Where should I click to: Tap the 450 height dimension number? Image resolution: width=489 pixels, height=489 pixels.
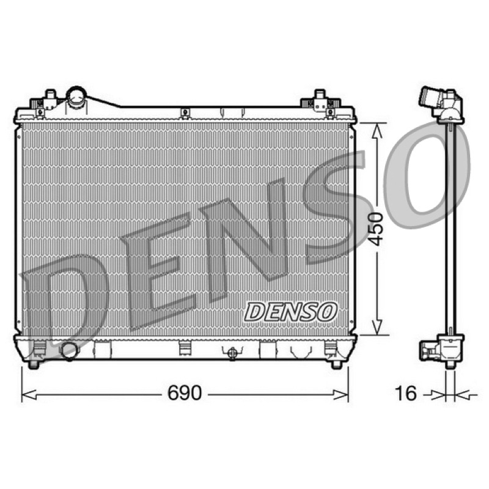pos(375,229)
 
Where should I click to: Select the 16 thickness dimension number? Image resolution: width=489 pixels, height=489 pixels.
pos(406,393)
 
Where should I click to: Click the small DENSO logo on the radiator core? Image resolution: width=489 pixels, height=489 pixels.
pos(291,312)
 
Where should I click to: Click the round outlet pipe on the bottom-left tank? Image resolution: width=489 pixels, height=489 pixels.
pos(70,351)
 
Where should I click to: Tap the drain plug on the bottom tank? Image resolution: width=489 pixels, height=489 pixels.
pos(232,353)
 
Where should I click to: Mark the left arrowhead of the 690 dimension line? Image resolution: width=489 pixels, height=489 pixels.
pos(29,395)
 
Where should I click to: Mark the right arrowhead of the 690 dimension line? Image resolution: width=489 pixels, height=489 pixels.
pos(340,395)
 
